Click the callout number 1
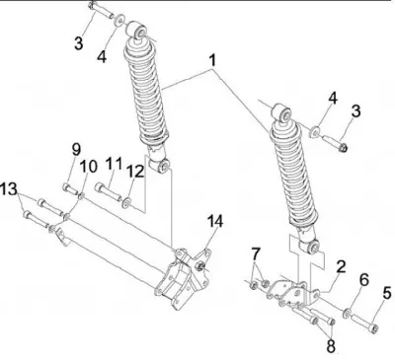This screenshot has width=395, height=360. tap(213, 60)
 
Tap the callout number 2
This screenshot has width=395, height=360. tap(341, 266)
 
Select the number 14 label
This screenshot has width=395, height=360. tap(214, 221)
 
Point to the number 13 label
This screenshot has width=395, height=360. tap(9, 189)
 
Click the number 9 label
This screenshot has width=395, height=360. tap(76, 150)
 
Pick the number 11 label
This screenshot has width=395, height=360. tap(114, 164)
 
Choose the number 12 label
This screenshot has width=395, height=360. tap(135, 172)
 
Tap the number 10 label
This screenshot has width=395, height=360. tap(89, 167)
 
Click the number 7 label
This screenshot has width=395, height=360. tap(256, 254)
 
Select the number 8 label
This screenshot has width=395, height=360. tap(331, 345)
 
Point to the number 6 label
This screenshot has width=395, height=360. tap(363, 280)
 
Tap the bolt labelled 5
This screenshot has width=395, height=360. tap(364, 324)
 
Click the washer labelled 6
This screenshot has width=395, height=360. tap(347, 313)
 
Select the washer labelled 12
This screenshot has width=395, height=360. tap(126, 203)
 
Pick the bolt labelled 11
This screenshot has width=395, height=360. tap(109, 192)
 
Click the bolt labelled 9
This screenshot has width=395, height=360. tap(70, 188)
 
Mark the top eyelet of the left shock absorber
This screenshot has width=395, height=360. tap(137, 31)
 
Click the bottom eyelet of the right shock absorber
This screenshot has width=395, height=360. tap(310, 247)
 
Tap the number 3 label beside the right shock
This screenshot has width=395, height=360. tap(355, 111)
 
